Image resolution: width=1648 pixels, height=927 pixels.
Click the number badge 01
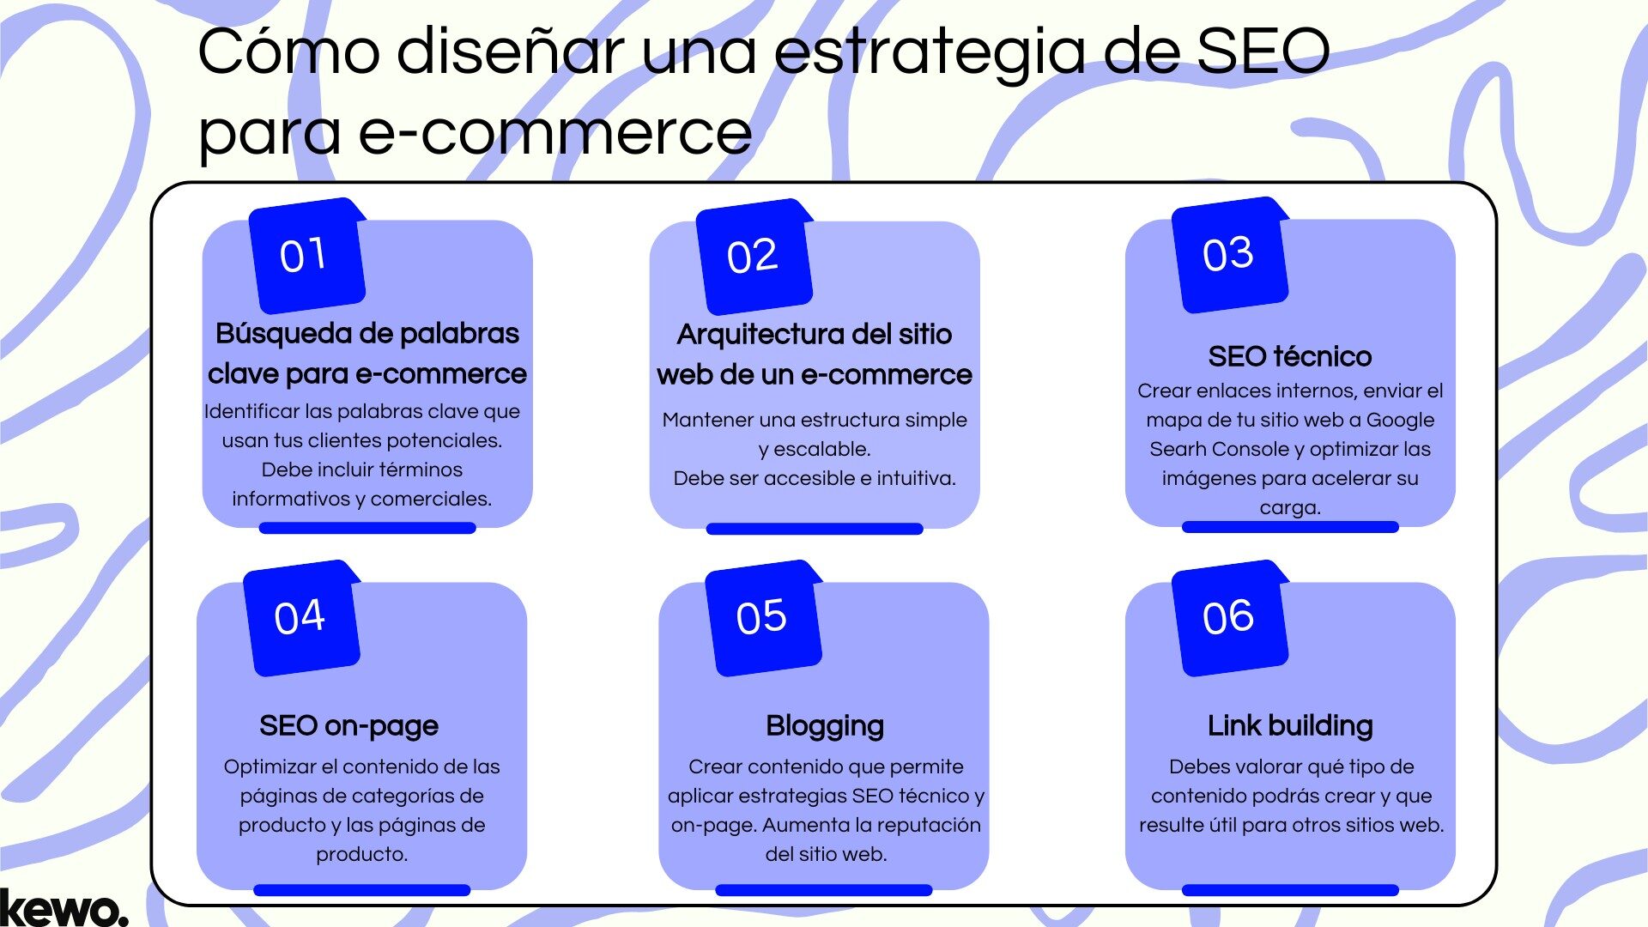click(306, 255)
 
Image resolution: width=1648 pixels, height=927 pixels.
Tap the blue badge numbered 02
click(753, 256)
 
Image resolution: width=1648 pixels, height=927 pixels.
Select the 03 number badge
click(1228, 254)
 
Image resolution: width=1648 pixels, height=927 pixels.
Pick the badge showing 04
click(300, 617)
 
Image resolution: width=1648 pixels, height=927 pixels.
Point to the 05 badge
click(762, 617)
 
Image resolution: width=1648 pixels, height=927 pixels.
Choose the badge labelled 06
click(1228, 617)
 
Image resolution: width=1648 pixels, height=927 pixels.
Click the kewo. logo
click(64, 907)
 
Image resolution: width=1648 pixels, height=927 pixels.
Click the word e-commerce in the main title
click(554, 133)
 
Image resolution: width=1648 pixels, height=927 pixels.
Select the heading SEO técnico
click(1289, 356)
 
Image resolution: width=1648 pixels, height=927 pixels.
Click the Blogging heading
click(824, 726)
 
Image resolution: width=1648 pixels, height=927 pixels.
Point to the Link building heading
click(1289, 726)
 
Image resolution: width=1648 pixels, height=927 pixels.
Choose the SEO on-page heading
click(348, 726)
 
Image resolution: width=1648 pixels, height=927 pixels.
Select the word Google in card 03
click(1400, 420)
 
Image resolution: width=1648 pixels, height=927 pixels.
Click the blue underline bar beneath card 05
click(823, 890)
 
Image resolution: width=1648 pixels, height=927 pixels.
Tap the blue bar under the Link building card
click(1289, 890)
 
